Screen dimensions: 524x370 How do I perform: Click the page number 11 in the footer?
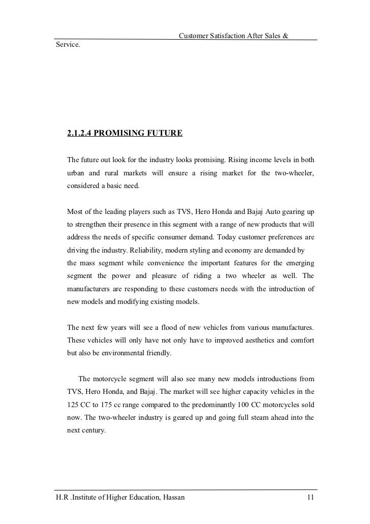point(311,498)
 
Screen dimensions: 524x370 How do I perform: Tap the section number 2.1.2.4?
point(78,134)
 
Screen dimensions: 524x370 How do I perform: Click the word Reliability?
point(148,250)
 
